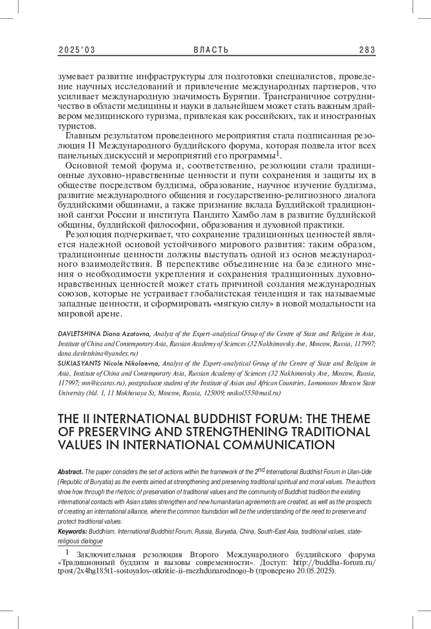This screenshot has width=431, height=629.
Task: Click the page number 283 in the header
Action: pyautogui.click(x=367, y=50)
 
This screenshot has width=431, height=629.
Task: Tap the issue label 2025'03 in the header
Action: pyautogui.click(x=77, y=50)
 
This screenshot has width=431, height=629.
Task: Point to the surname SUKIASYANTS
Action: pyautogui.click(x=80, y=363)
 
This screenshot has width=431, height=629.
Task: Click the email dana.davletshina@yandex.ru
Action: pyautogui.click(x=97, y=353)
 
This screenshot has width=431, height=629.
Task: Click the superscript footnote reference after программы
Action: pyautogui.click(x=277, y=154)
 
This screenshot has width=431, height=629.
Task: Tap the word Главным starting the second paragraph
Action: pyautogui.click(x=83, y=136)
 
